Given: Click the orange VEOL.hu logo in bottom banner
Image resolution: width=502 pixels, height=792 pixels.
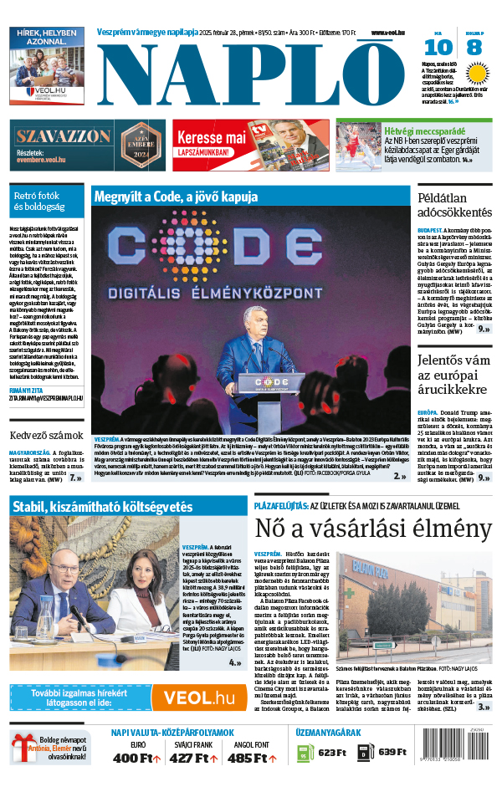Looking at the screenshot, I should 198,700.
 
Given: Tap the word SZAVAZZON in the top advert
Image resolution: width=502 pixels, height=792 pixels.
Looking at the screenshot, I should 64,136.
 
